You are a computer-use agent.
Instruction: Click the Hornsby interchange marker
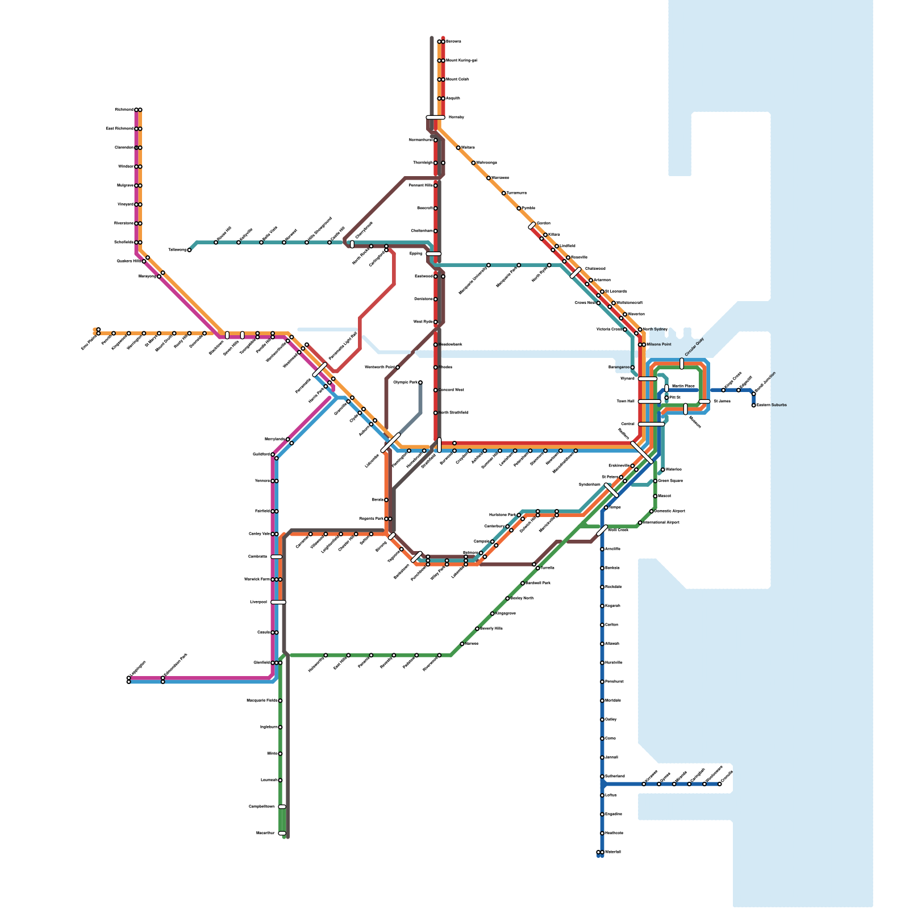point(436,118)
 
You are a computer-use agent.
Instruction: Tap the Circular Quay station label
point(694,347)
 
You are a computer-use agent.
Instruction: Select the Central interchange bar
point(651,424)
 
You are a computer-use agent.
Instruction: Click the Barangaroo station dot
point(632,368)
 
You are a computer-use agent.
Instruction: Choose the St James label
point(722,402)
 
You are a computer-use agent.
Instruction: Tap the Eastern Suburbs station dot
point(754,405)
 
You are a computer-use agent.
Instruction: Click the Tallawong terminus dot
point(189,250)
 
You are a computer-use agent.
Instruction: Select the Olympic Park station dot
point(420,382)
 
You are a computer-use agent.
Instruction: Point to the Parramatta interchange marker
point(320,370)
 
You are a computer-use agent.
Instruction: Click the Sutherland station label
point(615,776)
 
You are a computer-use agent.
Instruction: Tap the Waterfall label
point(613,852)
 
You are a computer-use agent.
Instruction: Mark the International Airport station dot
point(640,523)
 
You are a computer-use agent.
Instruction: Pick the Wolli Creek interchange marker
point(602,531)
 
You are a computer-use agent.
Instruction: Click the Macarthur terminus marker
point(282,833)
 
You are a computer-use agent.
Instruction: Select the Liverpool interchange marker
point(278,602)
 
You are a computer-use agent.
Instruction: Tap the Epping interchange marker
point(433,254)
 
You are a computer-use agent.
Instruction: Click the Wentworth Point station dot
point(397,368)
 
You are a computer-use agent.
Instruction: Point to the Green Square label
point(670,481)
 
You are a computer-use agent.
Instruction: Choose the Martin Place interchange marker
point(666,388)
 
